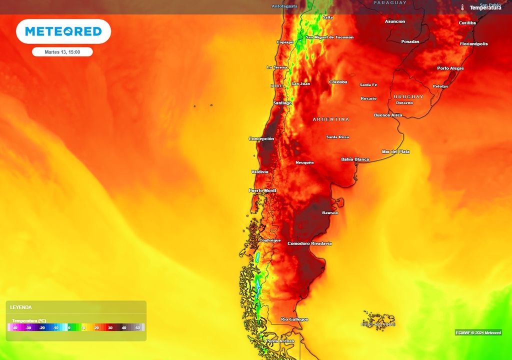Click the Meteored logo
tap(63, 31)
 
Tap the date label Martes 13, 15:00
tap(62, 52)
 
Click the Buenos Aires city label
tap(388, 115)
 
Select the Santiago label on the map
tap(282, 103)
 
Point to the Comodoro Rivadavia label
tap(309, 243)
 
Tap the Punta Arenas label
tap(279, 341)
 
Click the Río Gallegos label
tap(294, 319)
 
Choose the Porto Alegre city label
tap(450, 68)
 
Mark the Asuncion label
tap(395, 21)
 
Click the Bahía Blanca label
tap(355, 159)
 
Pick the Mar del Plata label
tap(395, 151)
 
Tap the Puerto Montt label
tap(262, 190)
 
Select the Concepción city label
tap(261, 138)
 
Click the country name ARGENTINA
tap(331, 119)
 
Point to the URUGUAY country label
tap(408, 96)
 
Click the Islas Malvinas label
tap(378, 324)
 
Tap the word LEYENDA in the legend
tap(21, 307)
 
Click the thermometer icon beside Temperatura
tap(463, 7)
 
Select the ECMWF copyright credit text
tap(478, 332)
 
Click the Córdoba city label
tap(338, 82)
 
